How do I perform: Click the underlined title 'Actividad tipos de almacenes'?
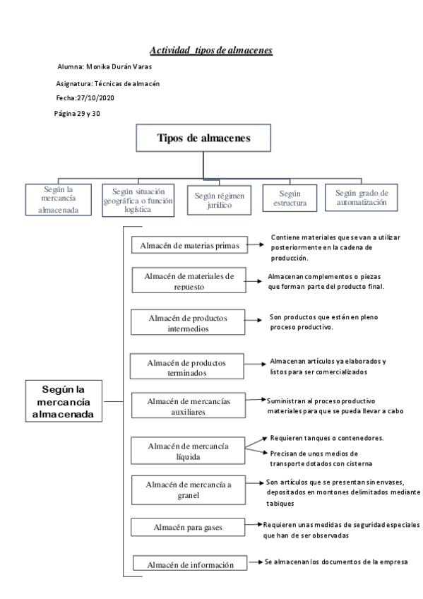click(x=211, y=51)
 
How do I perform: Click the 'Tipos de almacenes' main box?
click(x=203, y=137)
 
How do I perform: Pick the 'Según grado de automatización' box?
click(x=361, y=197)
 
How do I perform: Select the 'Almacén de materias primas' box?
click(x=190, y=245)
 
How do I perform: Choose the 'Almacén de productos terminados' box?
click(x=187, y=367)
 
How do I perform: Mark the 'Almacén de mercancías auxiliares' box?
click(x=188, y=407)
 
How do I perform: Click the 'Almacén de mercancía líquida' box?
click(x=188, y=450)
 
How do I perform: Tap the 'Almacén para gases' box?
click(x=188, y=526)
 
